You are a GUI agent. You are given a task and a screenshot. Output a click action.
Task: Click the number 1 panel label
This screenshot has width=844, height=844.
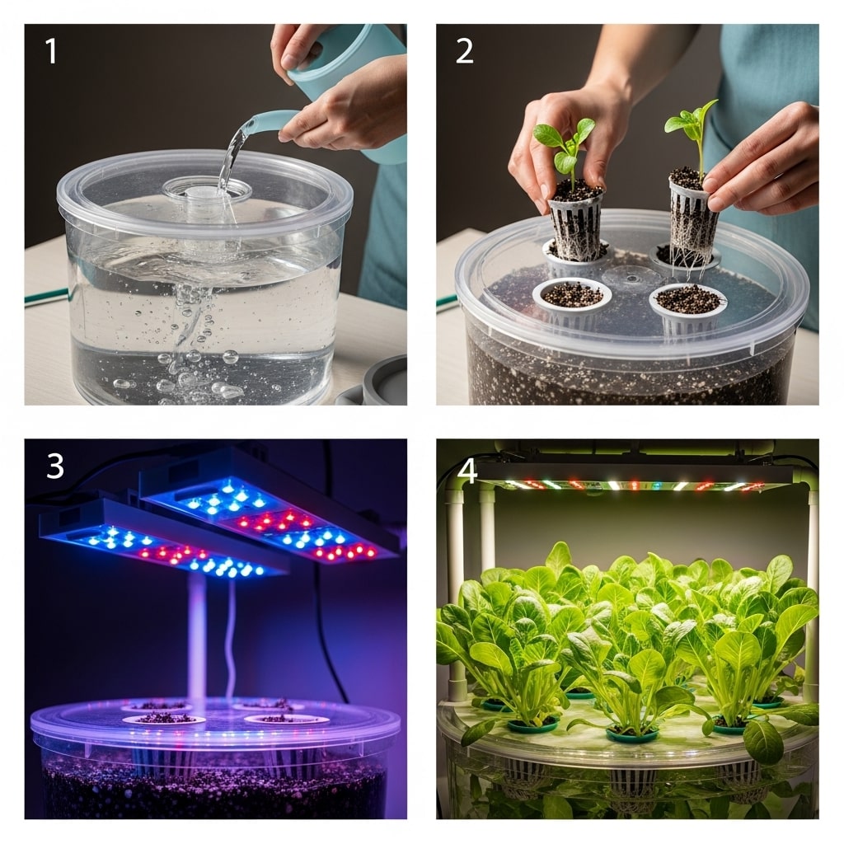[x=51, y=51]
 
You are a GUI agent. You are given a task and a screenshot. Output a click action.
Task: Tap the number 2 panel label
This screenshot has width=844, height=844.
[x=464, y=51]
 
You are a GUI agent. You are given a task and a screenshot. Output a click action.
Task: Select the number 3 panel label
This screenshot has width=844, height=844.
[x=54, y=466]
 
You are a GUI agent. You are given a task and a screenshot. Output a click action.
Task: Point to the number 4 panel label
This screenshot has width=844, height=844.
[x=467, y=471]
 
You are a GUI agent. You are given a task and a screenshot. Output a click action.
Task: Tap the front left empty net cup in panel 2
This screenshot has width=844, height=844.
[x=571, y=295]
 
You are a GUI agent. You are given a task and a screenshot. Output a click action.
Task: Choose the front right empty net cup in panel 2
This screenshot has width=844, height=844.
[x=687, y=299]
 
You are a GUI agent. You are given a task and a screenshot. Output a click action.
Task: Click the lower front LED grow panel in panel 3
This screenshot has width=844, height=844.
[x=161, y=539]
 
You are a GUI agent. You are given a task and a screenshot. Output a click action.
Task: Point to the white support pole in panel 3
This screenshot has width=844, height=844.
[x=197, y=635]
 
